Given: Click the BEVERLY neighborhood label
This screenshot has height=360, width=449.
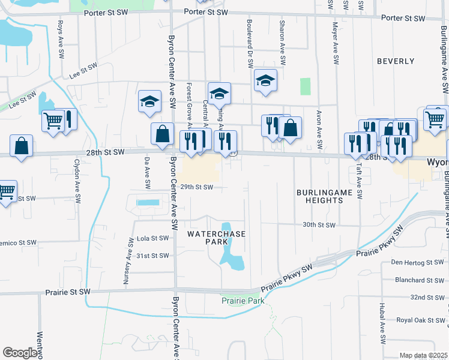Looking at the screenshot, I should coord(396,61).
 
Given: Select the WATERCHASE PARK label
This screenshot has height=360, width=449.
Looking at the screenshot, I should coord(207,237).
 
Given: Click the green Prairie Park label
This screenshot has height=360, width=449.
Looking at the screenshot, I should coord(243,300).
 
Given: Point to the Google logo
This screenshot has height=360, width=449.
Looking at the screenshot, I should coord(20,352).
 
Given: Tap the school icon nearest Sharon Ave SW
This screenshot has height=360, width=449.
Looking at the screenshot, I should coord(265,81).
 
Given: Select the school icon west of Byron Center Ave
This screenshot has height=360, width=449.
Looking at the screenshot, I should coord(149,101).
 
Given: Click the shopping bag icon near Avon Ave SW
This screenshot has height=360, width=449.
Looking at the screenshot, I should coord(291,128).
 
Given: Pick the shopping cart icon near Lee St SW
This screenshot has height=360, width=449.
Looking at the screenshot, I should coord(53,120).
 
